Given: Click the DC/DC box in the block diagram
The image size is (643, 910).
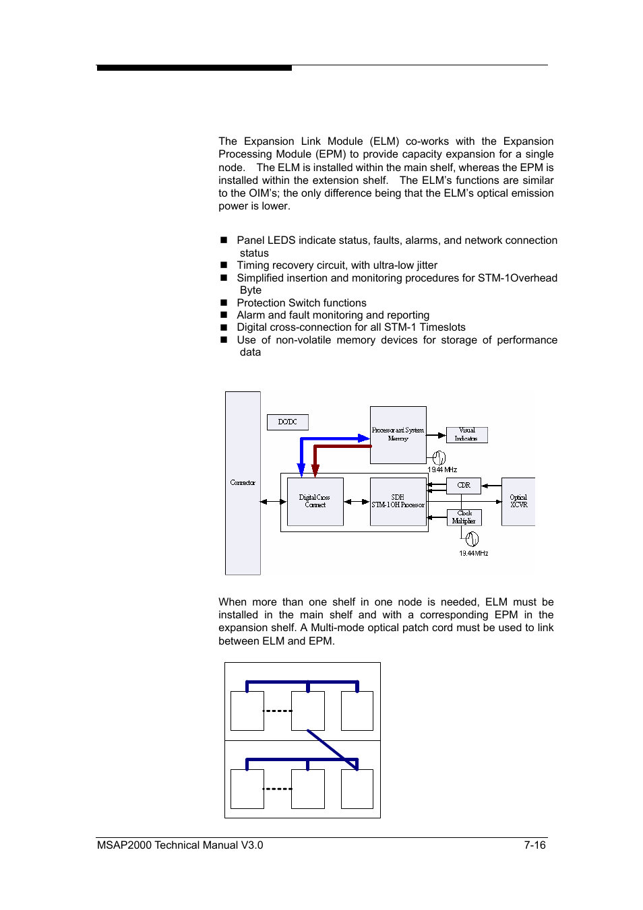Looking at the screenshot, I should coord(288,422).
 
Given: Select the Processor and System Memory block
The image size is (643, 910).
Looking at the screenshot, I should coord(398,434).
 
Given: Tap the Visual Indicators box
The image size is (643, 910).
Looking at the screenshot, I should coord(466,434).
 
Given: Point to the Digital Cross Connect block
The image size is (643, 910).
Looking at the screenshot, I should coord(315,501).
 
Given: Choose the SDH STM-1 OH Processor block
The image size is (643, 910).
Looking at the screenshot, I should coord(398,501).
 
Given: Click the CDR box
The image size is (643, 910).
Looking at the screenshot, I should coord(464,485).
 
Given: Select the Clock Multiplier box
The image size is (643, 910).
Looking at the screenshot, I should coord(464,517).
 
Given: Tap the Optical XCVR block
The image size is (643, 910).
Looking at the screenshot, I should coord(518,501).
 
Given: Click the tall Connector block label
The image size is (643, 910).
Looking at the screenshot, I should coord(243,482).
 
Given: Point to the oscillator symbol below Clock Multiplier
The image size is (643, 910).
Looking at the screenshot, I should coord(472,539).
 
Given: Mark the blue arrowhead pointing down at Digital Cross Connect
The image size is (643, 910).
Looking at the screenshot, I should coord(301,470).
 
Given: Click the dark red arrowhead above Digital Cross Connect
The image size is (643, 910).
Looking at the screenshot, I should coord(315,470).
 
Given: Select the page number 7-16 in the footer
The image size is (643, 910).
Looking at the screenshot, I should coord(534,845).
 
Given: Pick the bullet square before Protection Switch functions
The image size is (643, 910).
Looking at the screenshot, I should coord(224,303).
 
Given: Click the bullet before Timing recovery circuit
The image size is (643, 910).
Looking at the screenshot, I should coord(224,265).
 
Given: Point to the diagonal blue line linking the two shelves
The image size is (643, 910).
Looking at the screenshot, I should coord(332,749).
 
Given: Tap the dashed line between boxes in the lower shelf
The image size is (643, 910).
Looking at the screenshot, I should coord(277,789).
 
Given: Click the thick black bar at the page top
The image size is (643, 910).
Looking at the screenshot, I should coord(194,68).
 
